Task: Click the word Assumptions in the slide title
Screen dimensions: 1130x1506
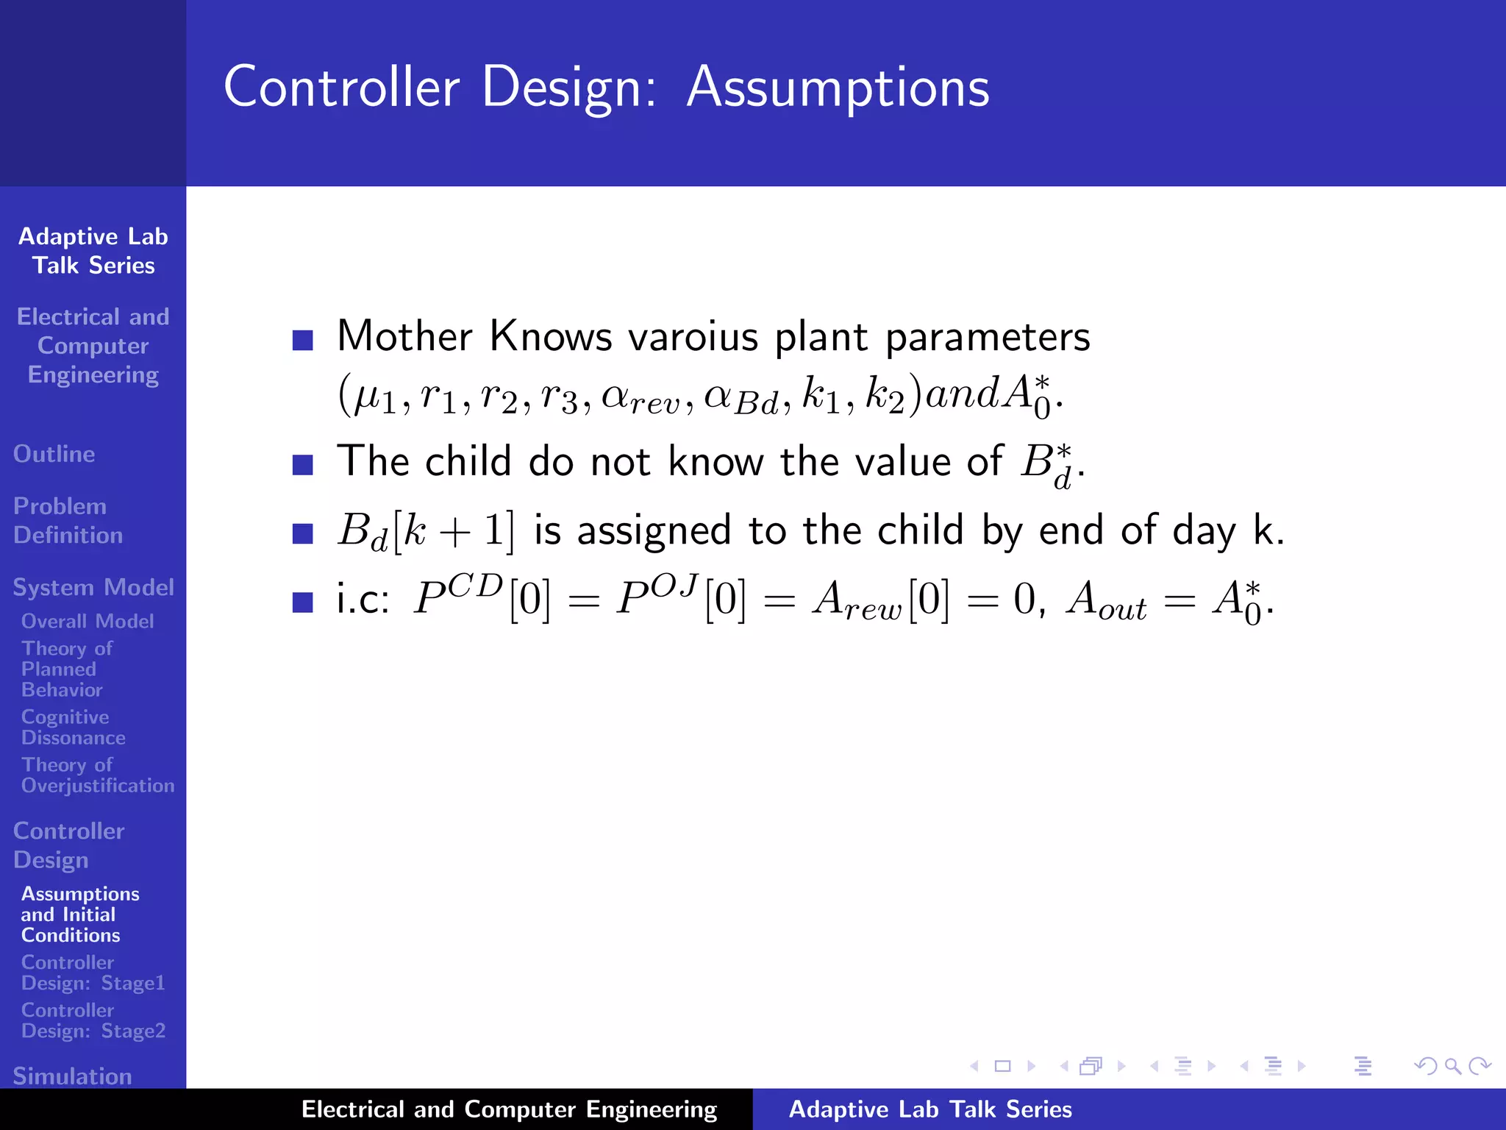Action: (838, 88)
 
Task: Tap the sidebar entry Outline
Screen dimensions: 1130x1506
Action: (54, 454)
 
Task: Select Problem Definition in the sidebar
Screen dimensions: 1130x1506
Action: (68, 520)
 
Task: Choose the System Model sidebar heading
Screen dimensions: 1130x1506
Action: (93, 587)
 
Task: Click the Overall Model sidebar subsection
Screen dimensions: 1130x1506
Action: (88, 622)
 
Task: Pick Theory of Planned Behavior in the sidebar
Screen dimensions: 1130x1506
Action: (66, 669)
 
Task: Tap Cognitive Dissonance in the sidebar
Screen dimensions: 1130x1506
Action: (73, 727)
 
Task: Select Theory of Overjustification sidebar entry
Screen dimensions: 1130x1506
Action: (97, 775)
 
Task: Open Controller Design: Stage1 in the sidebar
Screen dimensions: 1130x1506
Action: (93, 973)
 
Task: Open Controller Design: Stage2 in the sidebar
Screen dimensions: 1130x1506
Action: (93, 1020)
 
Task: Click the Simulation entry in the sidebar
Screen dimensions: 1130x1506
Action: (72, 1076)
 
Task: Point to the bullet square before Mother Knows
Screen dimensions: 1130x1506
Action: (302, 339)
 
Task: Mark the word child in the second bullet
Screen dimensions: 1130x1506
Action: (468, 462)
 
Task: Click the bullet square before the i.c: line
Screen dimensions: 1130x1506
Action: (302, 602)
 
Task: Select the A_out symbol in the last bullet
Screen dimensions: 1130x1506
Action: (1106, 600)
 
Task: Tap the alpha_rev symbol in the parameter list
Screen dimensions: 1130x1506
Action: (640, 397)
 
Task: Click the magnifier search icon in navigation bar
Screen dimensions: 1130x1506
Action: (1452, 1066)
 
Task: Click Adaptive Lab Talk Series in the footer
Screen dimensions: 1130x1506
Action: (930, 1109)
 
